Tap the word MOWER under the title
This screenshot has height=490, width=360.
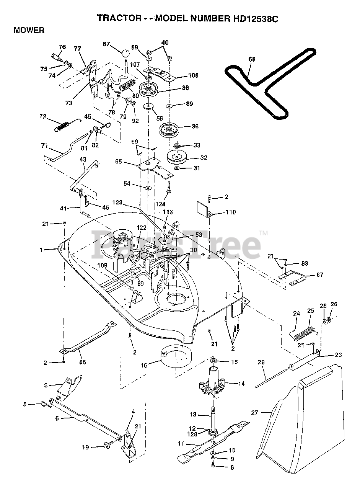(29, 30)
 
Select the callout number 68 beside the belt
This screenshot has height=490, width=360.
(252, 59)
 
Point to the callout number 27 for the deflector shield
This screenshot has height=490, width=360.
(255, 413)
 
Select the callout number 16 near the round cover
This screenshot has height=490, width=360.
(144, 365)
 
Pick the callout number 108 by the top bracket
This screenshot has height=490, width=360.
(193, 75)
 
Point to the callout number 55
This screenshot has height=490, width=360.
(119, 162)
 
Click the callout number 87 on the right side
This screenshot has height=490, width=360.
(320, 274)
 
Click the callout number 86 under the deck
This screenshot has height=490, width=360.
(82, 362)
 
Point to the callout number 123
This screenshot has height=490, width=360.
(117, 203)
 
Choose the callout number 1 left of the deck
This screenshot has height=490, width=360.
(41, 250)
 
